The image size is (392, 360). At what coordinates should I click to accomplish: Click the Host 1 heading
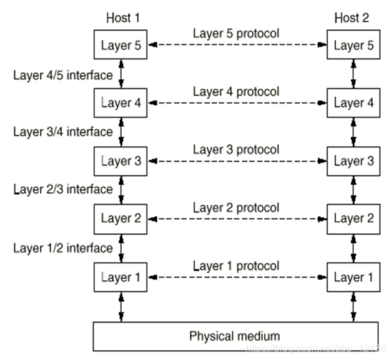click(123, 18)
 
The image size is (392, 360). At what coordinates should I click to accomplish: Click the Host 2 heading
click(351, 18)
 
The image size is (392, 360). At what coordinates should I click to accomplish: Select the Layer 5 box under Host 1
click(120, 45)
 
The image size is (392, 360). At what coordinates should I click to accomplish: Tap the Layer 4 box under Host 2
click(353, 103)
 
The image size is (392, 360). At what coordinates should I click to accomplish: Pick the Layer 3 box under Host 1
click(120, 162)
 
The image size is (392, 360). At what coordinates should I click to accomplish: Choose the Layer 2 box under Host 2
click(353, 219)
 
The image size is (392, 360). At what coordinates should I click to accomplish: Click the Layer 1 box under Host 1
click(120, 277)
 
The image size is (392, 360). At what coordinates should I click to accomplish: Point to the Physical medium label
click(235, 336)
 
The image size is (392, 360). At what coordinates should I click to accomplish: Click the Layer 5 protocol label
click(236, 34)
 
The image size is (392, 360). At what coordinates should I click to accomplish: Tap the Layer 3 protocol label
click(236, 150)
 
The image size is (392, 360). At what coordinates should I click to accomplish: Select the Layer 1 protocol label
click(236, 266)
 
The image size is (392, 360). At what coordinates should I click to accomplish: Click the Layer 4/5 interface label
click(63, 75)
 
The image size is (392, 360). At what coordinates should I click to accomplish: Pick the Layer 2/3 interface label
click(63, 190)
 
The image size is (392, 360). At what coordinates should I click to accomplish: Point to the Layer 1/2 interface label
click(63, 248)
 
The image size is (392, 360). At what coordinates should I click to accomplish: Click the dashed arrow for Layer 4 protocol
click(237, 103)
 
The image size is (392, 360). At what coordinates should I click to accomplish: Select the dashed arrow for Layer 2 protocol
click(237, 219)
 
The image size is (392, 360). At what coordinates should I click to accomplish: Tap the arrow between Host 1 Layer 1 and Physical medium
click(121, 307)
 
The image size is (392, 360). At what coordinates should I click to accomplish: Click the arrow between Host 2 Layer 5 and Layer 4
click(353, 74)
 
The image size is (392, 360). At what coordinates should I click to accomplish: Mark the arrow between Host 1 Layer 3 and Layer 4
click(121, 132)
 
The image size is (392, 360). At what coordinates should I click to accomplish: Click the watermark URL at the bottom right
click(316, 348)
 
